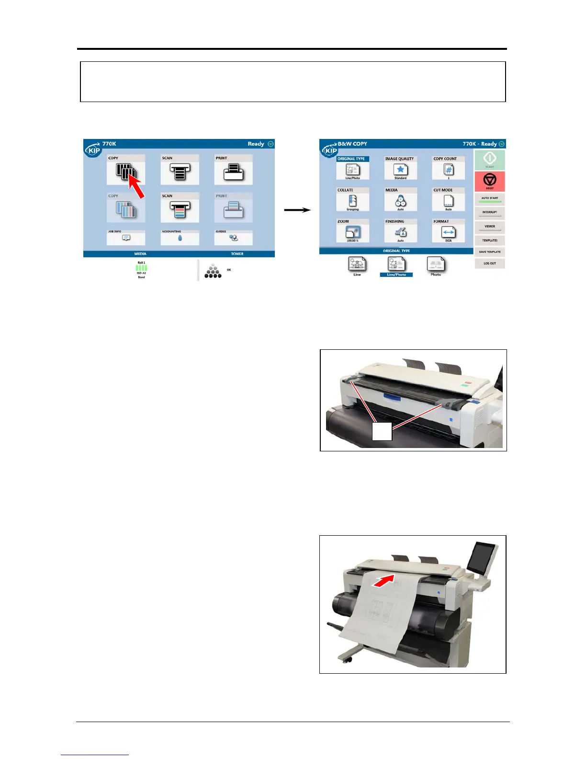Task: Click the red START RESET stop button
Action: click(x=489, y=181)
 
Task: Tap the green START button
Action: click(x=489, y=159)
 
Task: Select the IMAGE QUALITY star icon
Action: click(x=400, y=170)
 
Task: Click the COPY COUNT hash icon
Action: click(x=448, y=170)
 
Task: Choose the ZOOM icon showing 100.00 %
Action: click(x=352, y=233)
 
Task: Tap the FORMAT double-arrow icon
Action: click(x=448, y=233)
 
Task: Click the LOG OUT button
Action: click(x=489, y=263)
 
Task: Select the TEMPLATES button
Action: click(x=489, y=240)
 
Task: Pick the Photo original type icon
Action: click(x=436, y=265)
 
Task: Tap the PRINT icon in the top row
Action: click(x=234, y=172)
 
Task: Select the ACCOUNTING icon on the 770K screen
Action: click(x=180, y=238)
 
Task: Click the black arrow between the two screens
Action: click(x=297, y=210)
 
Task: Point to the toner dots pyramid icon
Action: click(x=213, y=272)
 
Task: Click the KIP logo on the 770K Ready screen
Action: click(x=93, y=150)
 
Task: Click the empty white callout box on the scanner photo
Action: click(x=382, y=431)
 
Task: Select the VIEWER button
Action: click(x=489, y=227)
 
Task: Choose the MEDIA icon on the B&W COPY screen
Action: click(x=400, y=201)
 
